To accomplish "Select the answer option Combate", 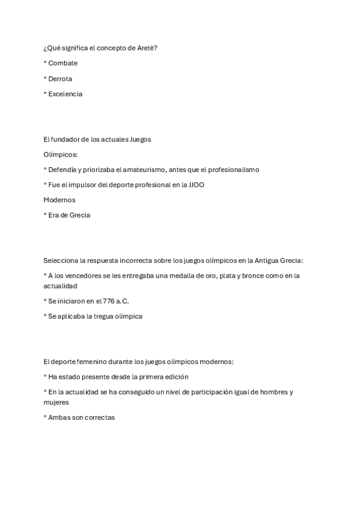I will [x=63, y=63].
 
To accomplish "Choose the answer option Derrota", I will [x=60, y=79].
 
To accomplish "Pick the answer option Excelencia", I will [x=65, y=94].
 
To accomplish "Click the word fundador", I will [x=64, y=140].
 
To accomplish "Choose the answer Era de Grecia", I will [x=69, y=215].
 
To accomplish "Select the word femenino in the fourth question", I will [x=89, y=361].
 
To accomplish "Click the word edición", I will [x=176, y=377].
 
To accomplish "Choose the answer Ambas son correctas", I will [x=81, y=417].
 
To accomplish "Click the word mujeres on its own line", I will [x=56, y=402].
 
